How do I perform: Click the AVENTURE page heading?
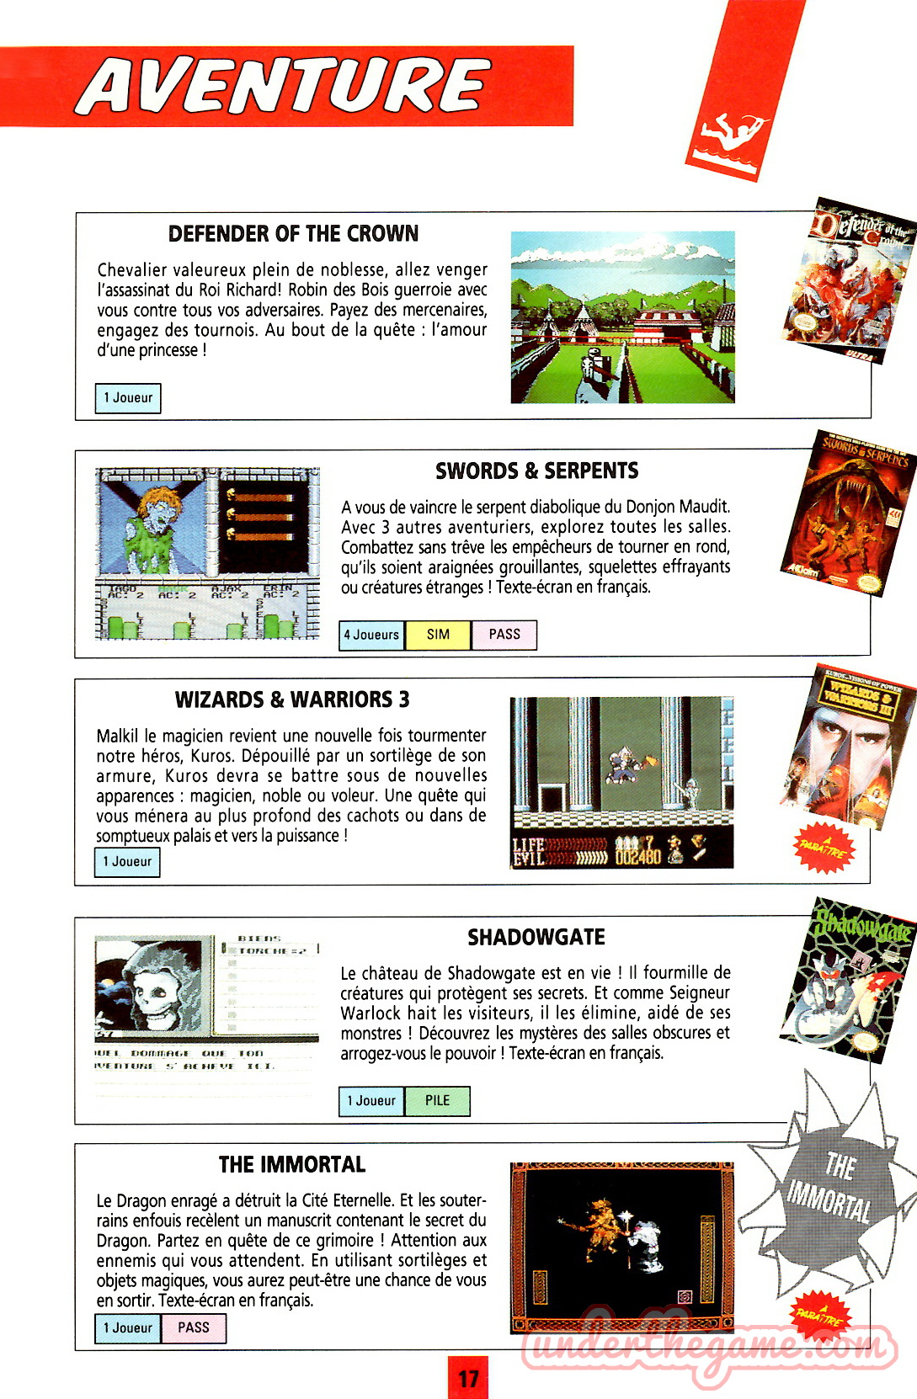pos(285,87)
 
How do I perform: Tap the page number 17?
pos(468,1378)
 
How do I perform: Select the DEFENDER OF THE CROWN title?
pos(293,234)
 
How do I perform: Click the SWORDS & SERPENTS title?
pos(536,471)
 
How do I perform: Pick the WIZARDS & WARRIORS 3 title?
pos(292,699)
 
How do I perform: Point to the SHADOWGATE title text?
pos(536,938)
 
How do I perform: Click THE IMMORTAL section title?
pos(292,1165)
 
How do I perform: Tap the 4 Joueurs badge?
pos(371,635)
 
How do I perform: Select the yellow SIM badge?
pos(438,635)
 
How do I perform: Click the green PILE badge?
pos(437,1101)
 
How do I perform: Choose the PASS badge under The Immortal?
pos(194,1328)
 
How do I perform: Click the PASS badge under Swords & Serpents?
pos(504,635)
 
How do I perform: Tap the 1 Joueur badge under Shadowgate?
pos(371,1101)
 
